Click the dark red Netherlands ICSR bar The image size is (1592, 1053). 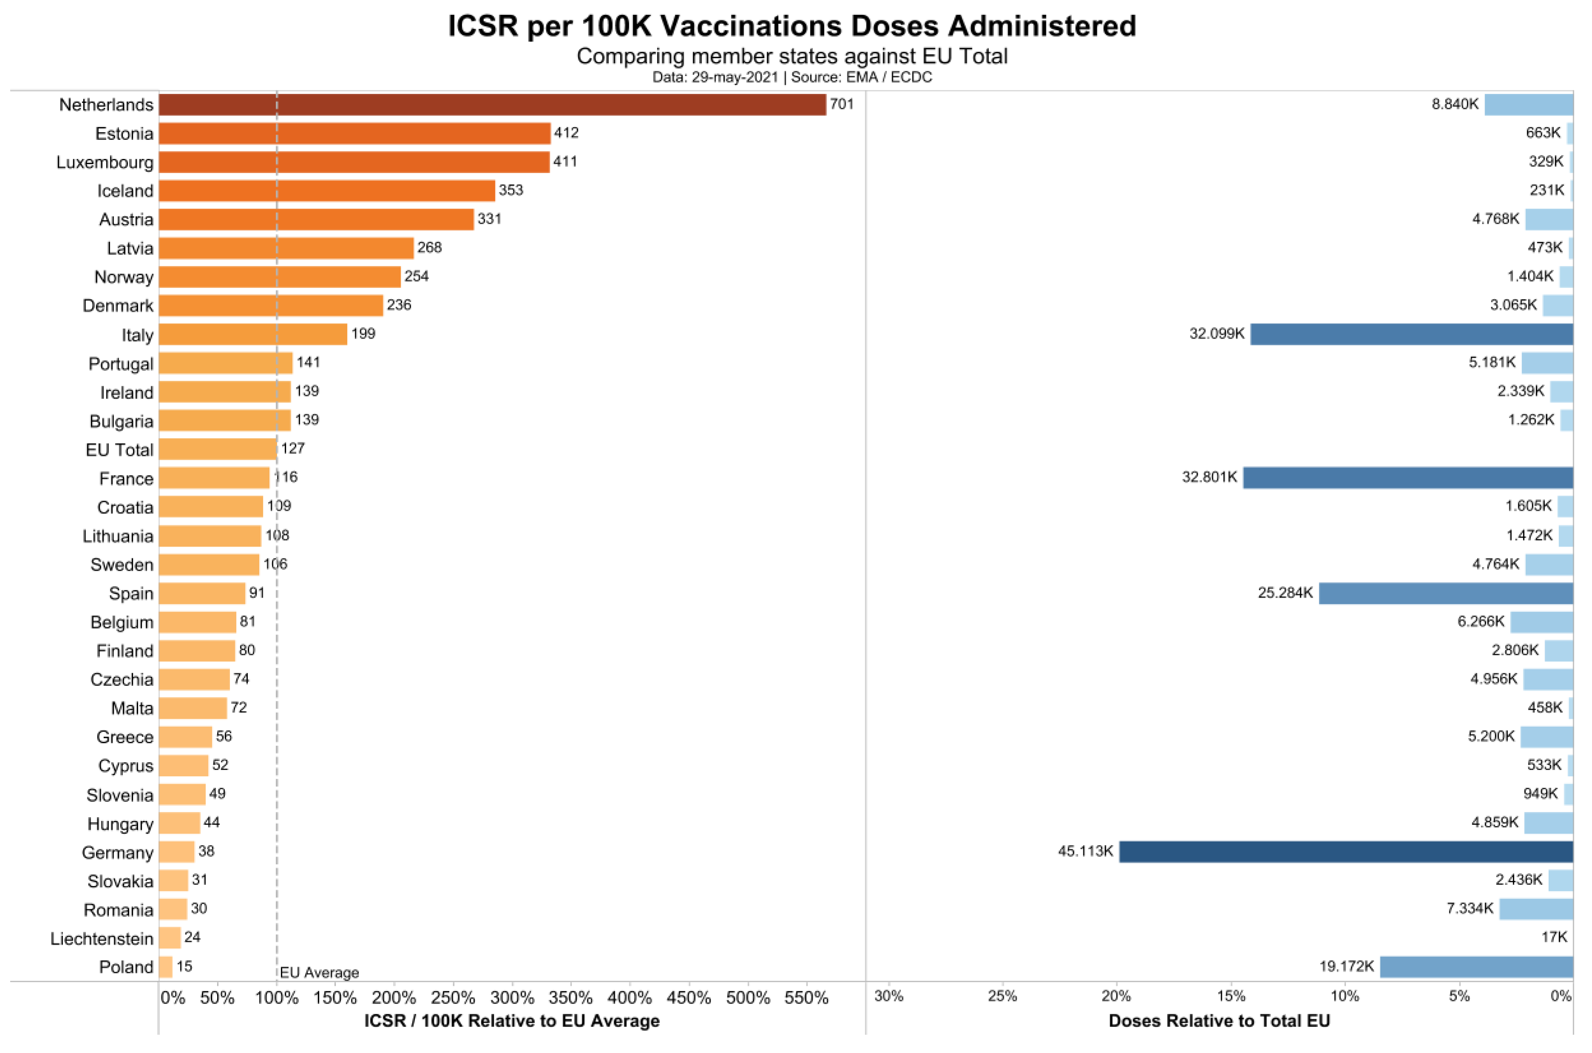click(x=492, y=105)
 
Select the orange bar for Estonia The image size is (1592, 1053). click(x=354, y=133)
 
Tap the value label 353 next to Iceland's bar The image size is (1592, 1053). click(x=511, y=190)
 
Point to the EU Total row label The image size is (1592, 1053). click(x=119, y=450)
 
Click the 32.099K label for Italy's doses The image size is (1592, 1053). click(x=1217, y=334)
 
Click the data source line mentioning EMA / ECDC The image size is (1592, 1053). click(x=792, y=77)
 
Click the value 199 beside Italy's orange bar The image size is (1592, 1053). click(x=363, y=334)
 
